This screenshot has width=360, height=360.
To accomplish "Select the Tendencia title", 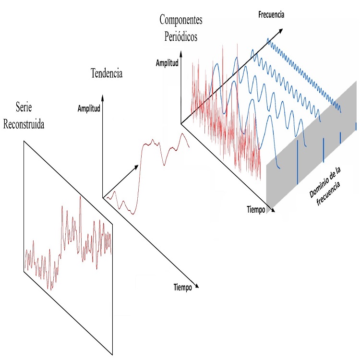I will (107, 73).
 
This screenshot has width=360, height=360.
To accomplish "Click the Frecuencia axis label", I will (271, 15).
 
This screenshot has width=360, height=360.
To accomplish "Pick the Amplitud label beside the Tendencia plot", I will (89, 108).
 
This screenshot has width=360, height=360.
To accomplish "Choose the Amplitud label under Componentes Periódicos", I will (167, 63).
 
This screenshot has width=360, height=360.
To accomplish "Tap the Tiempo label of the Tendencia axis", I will (182, 287).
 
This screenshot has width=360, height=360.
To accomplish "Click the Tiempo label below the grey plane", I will (256, 210).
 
